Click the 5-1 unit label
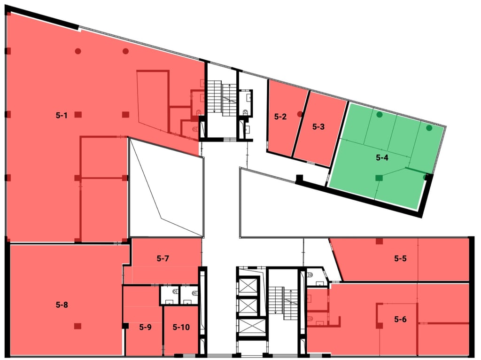tap(62, 115)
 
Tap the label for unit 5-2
tap(280, 117)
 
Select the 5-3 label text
tap(318, 126)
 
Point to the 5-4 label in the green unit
tap(382, 158)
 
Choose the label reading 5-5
tap(400, 258)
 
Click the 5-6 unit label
tap(400, 320)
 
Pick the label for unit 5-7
tap(163, 258)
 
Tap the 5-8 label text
tap(62, 305)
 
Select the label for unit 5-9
tap(145, 327)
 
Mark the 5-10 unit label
tap(181, 327)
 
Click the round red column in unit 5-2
tap(300, 114)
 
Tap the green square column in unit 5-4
tap(379, 177)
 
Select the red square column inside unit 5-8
tap(78, 326)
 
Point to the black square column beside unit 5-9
tap(125, 326)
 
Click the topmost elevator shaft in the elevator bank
tap(248, 286)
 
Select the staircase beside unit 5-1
tap(222, 98)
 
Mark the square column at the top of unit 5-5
tap(379, 242)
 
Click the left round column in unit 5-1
tap(78, 51)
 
